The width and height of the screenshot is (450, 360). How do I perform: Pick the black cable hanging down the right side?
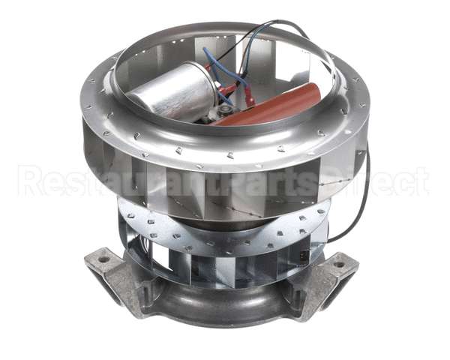coord(358,202)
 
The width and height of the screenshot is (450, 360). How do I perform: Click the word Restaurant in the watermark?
coord(90,181)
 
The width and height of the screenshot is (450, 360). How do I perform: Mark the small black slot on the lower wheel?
coord(303,256)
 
